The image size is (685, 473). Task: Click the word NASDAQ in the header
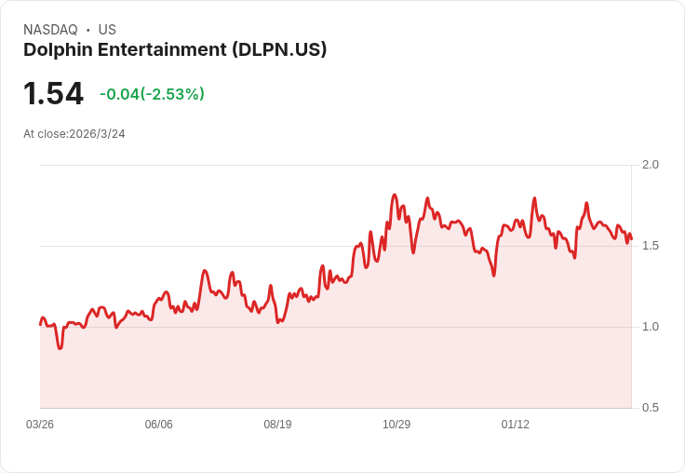(x=50, y=30)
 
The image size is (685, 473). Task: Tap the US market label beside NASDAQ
(x=107, y=30)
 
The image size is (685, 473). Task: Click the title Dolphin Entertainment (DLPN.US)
(x=175, y=50)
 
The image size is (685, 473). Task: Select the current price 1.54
(x=53, y=93)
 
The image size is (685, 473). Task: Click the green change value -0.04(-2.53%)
(x=152, y=94)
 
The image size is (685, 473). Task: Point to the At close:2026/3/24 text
(x=74, y=134)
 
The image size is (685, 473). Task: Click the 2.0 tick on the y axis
(x=650, y=165)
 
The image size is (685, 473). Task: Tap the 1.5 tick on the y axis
(x=650, y=246)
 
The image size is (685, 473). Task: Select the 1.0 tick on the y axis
(x=650, y=327)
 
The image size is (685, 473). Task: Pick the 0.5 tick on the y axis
(x=650, y=408)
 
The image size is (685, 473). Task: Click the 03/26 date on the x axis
(x=40, y=425)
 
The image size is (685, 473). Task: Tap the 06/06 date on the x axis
(x=158, y=425)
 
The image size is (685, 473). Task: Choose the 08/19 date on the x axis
(x=277, y=425)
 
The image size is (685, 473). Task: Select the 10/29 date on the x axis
(x=396, y=425)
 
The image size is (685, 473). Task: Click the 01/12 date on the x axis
(x=516, y=425)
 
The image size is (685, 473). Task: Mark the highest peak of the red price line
(x=395, y=196)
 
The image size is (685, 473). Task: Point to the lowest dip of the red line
(x=60, y=348)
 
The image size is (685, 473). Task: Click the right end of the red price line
(x=631, y=239)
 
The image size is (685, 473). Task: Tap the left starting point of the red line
(x=40, y=324)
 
